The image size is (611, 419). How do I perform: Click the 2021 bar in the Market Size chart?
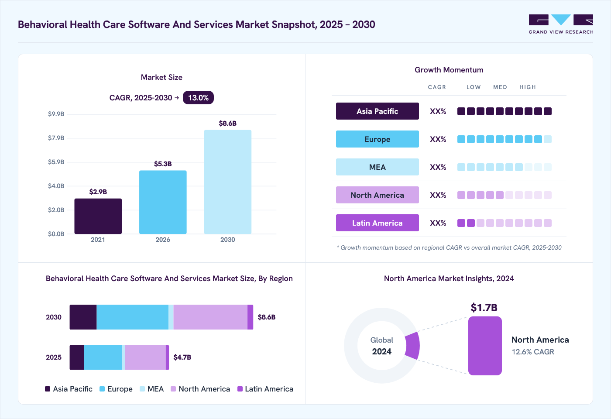pyautogui.click(x=98, y=216)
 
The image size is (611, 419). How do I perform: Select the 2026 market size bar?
pyautogui.click(x=163, y=202)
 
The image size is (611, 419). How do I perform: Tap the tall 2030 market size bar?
pyautogui.click(x=228, y=182)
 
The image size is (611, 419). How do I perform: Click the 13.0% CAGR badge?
pyautogui.click(x=198, y=98)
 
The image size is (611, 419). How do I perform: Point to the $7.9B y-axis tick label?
pyautogui.click(x=56, y=138)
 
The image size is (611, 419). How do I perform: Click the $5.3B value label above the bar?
pyautogui.click(x=163, y=164)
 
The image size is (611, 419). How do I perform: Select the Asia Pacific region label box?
pyautogui.click(x=377, y=111)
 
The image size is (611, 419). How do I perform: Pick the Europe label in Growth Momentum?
pyautogui.click(x=377, y=139)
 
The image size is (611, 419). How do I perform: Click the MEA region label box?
pyautogui.click(x=377, y=167)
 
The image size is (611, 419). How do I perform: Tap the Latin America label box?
pyautogui.click(x=377, y=223)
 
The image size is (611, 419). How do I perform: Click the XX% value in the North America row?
pyautogui.click(x=438, y=195)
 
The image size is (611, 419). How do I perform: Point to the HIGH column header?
pyautogui.click(x=528, y=87)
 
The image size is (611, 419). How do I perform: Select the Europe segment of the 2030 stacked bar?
pyautogui.click(x=133, y=317)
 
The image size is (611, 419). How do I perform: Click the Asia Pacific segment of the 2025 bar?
pyautogui.click(x=77, y=357)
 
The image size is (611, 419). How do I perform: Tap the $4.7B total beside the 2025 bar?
pyautogui.click(x=182, y=357)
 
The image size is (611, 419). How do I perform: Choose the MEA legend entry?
pyautogui.click(x=152, y=389)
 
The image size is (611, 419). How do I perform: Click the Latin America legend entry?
pyautogui.click(x=265, y=389)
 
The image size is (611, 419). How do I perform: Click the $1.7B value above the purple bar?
pyautogui.click(x=484, y=307)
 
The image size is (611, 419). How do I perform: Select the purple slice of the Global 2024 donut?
pyautogui.click(x=413, y=346)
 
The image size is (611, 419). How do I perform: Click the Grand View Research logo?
pyautogui.click(x=561, y=24)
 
